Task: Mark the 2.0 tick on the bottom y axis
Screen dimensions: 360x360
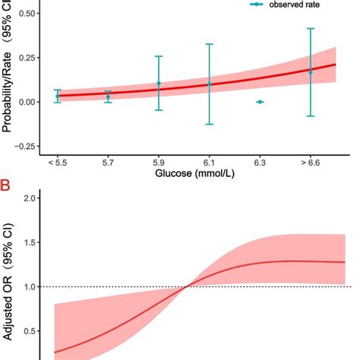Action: (x=30, y=198)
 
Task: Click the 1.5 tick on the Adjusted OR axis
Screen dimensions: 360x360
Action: (x=30, y=242)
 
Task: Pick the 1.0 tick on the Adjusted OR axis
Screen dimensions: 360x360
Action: (x=30, y=287)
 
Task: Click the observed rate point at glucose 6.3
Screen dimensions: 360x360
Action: (x=260, y=102)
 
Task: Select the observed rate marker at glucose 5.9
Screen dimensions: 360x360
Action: (x=159, y=84)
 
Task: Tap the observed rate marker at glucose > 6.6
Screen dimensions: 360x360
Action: (x=310, y=71)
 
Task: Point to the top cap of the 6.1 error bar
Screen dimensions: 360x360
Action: (x=209, y=44)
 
